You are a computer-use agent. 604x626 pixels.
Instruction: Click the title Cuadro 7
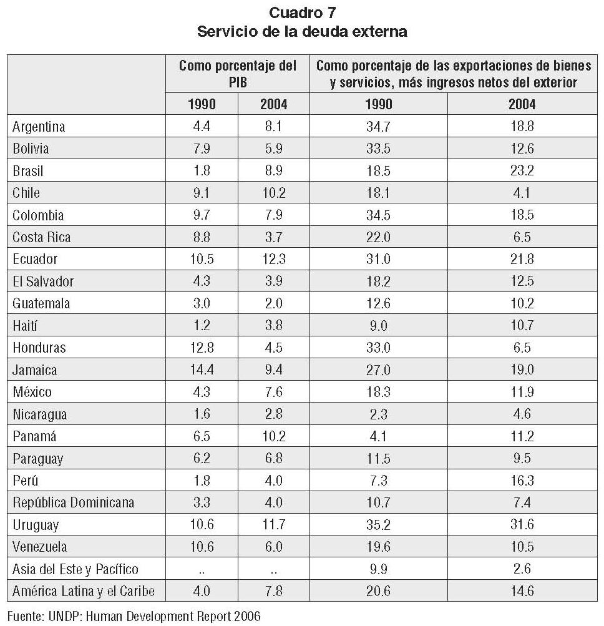pos(302,12)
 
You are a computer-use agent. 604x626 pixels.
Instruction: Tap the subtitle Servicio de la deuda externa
pos(302,31)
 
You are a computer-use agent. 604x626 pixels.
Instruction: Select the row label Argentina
pos(39,127)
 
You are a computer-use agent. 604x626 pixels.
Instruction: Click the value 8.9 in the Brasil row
pos(273,171)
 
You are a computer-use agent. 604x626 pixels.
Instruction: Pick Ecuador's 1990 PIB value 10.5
pos(202,259)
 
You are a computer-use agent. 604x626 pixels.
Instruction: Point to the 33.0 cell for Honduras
pos(378,348)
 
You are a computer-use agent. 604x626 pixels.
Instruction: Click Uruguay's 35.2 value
pos(378,525)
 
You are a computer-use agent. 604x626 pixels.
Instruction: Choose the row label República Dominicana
pos(73,502)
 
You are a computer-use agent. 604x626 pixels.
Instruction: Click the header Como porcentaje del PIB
pos(237,74)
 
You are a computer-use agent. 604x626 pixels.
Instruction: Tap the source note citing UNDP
pos(134,617)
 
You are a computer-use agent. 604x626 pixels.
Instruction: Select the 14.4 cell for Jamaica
pos(202,369)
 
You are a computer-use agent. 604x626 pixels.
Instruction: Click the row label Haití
pos(26,325)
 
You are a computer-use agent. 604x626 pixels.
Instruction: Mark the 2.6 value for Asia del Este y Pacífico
pos(522,569)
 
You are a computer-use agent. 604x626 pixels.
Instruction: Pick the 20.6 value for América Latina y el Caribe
pos(378,591)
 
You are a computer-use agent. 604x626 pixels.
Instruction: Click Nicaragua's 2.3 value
pos(378,414)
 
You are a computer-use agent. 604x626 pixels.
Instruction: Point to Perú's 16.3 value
pos(522,481)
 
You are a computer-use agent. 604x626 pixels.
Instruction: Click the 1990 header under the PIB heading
pos(202,104)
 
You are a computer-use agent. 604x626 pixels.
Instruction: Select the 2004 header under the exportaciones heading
pos(522,104)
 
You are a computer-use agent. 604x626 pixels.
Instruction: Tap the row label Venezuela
pos(40,547)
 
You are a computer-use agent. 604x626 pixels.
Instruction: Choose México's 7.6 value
pos(273,392)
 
